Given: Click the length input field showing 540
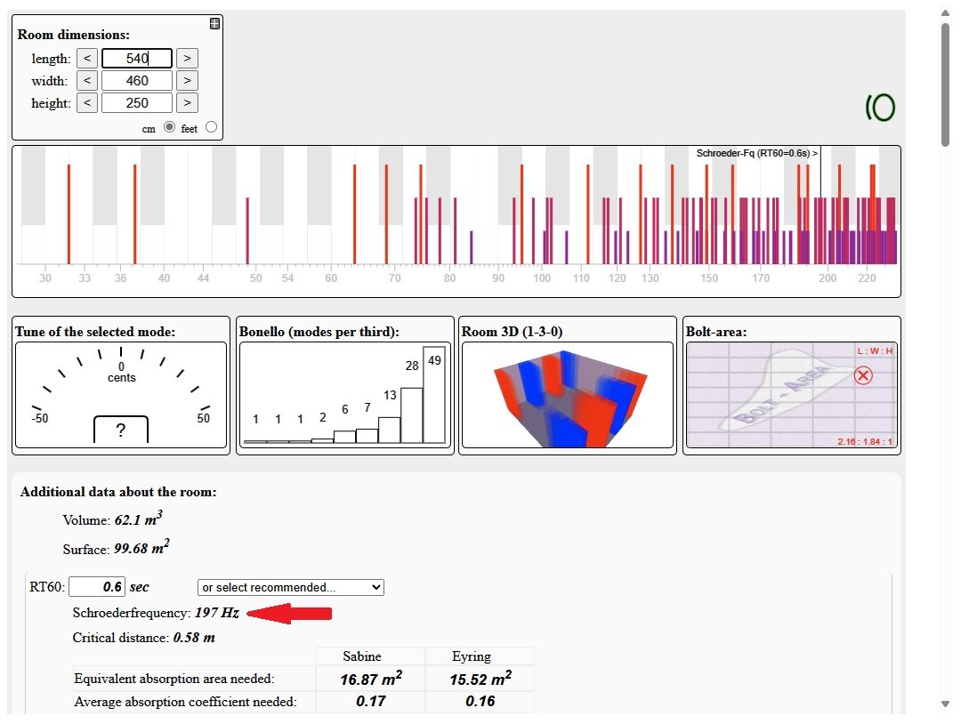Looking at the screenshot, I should tap(136, 59).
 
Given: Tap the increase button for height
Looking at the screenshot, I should tap(186, 103).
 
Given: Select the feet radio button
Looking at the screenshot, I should tap(211, 127).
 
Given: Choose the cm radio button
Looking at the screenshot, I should tap(169, 127).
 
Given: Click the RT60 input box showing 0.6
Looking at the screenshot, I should tap(97, 587).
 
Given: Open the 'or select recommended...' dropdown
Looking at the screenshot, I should tap(290, 587).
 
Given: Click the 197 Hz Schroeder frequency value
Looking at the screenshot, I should tap(218, 613).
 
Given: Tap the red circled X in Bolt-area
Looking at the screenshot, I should tap(862, 375).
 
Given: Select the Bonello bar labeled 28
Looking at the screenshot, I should tap(411, 414).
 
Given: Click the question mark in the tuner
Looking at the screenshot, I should tap(121, 430).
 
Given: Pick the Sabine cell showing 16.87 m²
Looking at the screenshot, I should tap(370, 680).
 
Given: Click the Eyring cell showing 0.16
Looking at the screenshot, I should tap(480, 701).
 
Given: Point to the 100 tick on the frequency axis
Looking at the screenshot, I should tap(542, 278).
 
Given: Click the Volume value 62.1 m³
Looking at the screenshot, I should tap(139, 519).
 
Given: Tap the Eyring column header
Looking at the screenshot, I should tap(472, 656).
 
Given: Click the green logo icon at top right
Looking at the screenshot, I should tap(880, 108).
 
